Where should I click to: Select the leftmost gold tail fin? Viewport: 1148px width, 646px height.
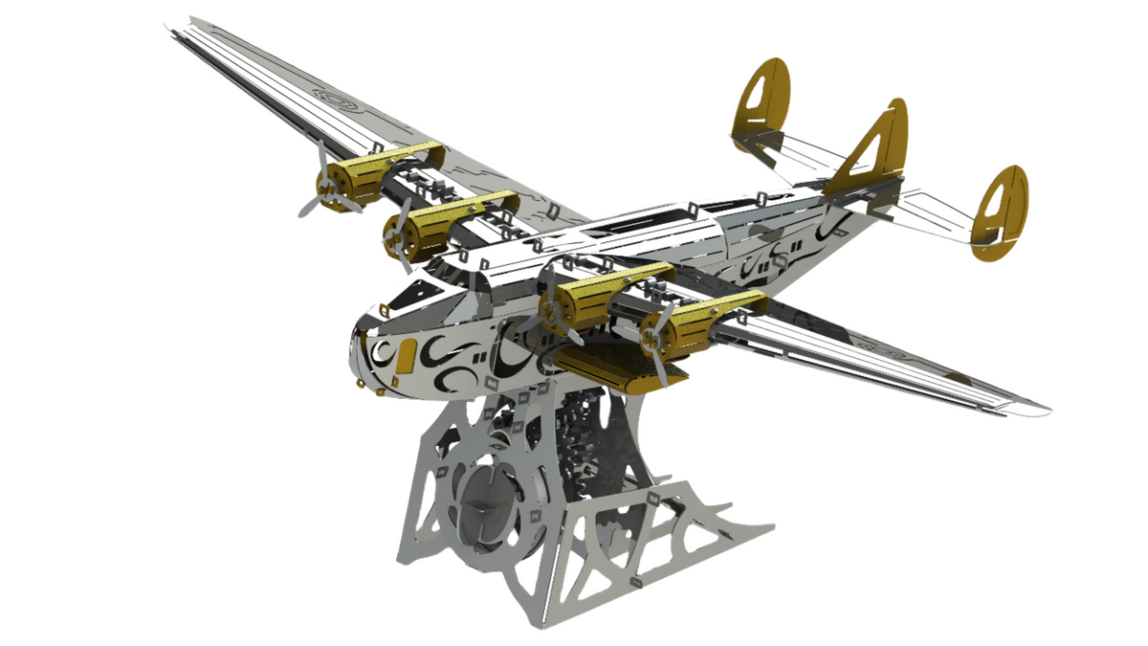pyautogui.click(x=762, y=105)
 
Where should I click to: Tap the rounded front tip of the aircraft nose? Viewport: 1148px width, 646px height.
pyautogui.click(x=356, y=345)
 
